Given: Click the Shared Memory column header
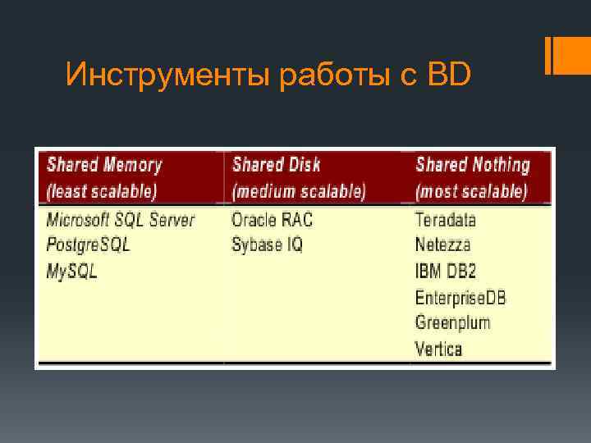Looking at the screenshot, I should [104, 165].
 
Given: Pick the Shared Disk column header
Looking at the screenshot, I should [276, 165].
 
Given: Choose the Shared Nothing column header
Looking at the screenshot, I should [472, 165].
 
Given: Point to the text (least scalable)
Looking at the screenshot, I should [101, 191].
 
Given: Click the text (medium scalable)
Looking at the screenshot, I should [299, 191].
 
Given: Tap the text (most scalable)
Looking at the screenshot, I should [471, 191].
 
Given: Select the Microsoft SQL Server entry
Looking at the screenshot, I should [121, 220].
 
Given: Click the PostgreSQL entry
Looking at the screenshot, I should [88, 244].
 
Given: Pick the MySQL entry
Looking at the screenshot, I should [72, 271].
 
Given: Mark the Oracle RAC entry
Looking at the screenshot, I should [272, 220].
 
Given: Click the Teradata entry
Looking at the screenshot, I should [446, 220].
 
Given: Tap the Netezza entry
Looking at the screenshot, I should [443, 244].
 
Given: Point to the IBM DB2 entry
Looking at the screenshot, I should [447, 271].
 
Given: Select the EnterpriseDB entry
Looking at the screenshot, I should [460, 296].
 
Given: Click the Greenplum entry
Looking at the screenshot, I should [452, 322].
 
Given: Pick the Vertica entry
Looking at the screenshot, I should [439, 348].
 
